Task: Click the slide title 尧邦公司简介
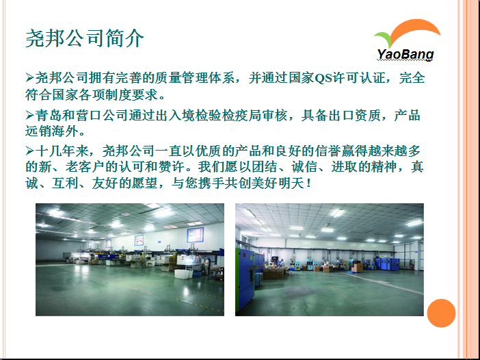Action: (x=85, y=38)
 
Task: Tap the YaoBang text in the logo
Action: (x=405, y=55)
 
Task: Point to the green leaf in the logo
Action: (x=384, y=38)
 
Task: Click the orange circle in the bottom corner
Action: (x=441, y=313)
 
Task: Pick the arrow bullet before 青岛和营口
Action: (x=29, y=115)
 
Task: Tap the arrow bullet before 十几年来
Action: (x=29, y=151)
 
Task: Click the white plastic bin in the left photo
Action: (x=183, y=274)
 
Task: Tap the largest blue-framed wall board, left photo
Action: (x=196, y=235)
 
